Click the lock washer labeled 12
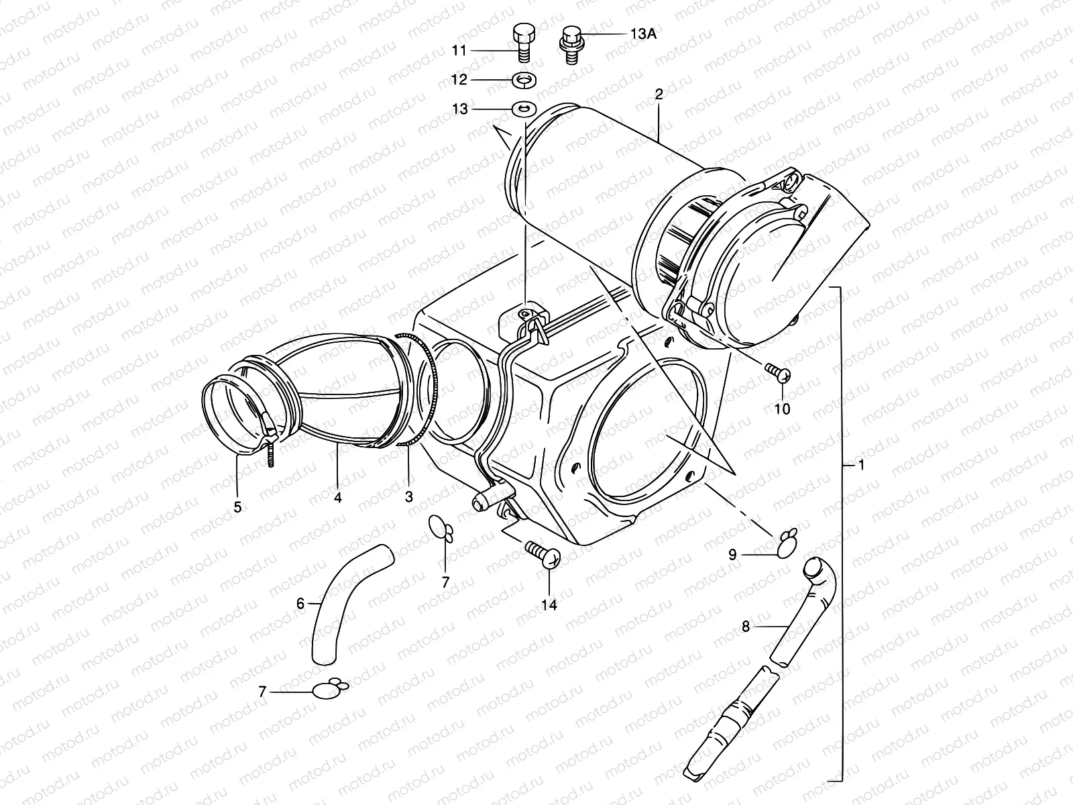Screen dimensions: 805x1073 pos(522,80)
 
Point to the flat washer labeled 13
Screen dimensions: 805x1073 pos(522,109)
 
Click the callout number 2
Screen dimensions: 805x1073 pos(659,95)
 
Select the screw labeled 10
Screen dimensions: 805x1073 pos(778,371)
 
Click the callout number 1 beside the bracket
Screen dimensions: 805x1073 pos(862,465)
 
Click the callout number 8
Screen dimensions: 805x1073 pos(745,627)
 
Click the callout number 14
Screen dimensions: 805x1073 pos(549,605)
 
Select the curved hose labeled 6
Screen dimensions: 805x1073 pos(349,600)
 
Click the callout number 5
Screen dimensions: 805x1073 pos(237,507)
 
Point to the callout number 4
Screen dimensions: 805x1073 pos(338,498)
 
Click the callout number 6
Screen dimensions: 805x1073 pos(300,604)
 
